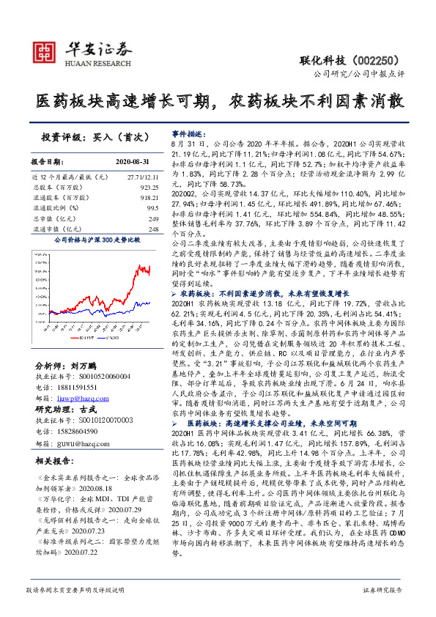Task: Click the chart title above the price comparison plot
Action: click(97, 239)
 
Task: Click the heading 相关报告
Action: click(53, 461)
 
